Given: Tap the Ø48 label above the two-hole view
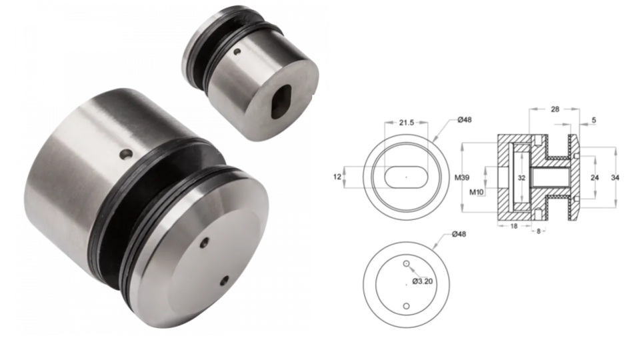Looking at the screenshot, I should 459,234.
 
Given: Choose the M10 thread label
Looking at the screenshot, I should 477,193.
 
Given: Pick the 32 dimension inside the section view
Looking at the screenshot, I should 521,178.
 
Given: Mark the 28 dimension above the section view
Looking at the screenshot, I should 555,108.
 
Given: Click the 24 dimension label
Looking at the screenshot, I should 595,178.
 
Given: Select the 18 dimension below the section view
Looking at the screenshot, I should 514,227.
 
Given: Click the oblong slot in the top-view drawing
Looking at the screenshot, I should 405,177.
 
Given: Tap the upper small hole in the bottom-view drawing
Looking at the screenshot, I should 405,264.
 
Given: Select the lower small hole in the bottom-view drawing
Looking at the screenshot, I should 405,306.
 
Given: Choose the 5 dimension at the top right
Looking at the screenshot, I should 593,120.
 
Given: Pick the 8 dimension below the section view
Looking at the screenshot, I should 539,231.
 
